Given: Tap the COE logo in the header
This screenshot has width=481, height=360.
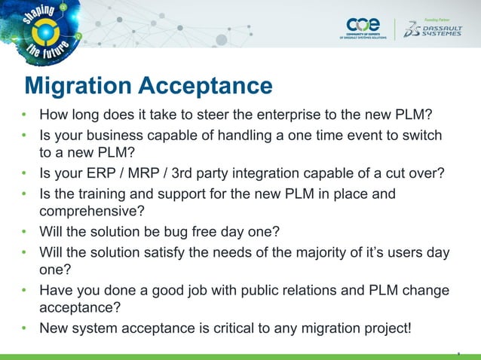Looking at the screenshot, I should click(x=364, y=27).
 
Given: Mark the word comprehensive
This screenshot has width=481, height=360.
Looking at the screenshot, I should click(x=90, y=212).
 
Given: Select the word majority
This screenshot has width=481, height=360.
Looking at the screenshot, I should click(x=327, y=252).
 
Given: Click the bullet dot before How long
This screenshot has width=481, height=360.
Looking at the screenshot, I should click(x=25, y=117).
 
